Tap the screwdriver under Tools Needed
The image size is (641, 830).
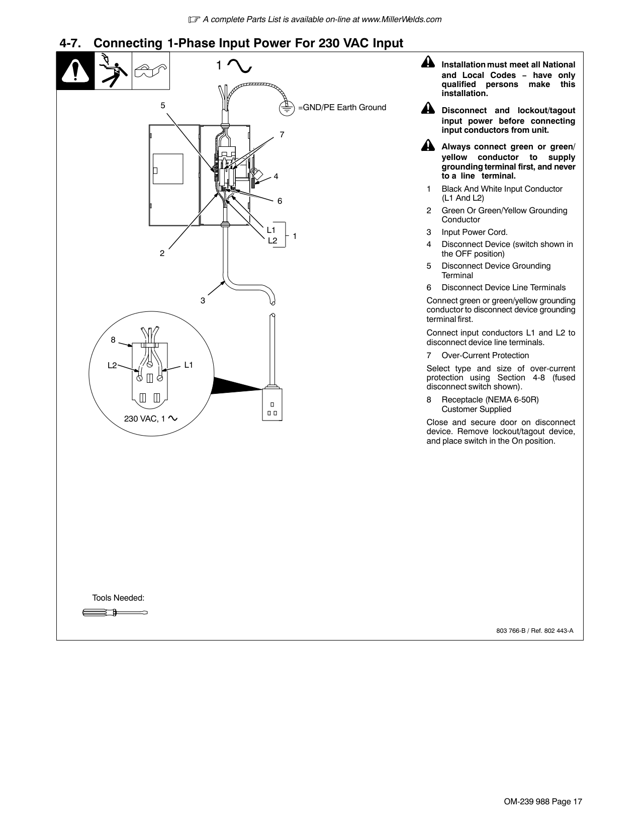(115, 613)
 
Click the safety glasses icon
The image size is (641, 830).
(151, 71)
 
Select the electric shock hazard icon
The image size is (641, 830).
(113, 71)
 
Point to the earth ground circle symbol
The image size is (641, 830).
(287, 108)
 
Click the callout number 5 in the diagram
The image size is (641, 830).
(163, 105)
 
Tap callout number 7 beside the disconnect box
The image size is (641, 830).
(282, 134)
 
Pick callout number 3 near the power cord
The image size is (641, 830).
(203, 300)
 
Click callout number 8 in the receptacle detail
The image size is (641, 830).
(113, 340)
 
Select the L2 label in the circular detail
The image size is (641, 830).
(112, 365)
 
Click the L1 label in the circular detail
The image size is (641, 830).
(189, 365)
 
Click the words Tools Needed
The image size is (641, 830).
(118, 598)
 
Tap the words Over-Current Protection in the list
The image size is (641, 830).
(485, 356)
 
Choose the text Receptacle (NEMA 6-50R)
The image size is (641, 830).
(490, 400)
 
